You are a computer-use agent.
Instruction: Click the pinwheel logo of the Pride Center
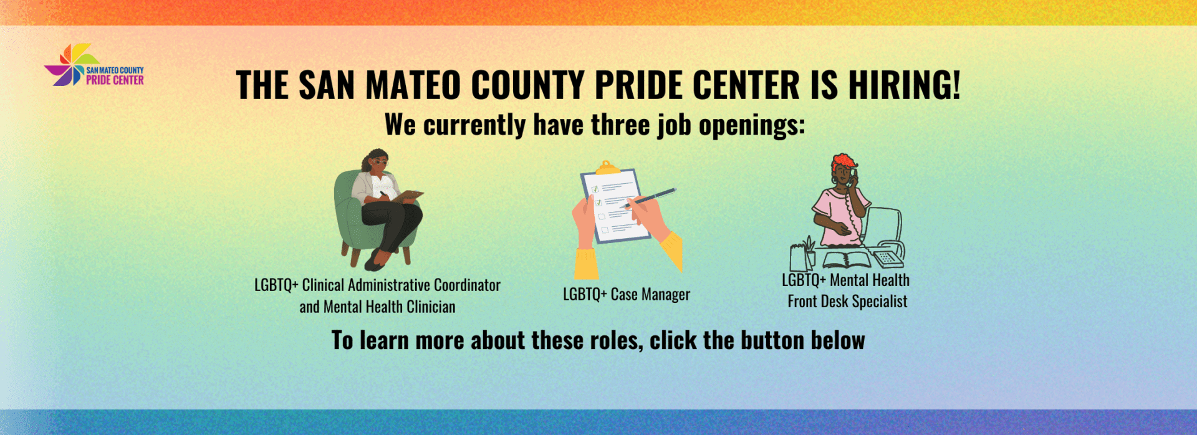(71, 65)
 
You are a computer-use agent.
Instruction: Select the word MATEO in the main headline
(413, 85)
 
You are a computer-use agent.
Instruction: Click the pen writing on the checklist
(648, 198)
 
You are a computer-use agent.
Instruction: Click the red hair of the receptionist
(843, 163)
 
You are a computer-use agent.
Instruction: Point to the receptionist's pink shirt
(839, 215)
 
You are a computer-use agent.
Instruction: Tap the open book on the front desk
(847, 259)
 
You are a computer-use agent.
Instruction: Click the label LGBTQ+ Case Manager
(627, 294)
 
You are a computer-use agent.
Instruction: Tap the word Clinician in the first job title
(431, 307)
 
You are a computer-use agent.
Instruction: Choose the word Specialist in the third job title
(880, 302)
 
